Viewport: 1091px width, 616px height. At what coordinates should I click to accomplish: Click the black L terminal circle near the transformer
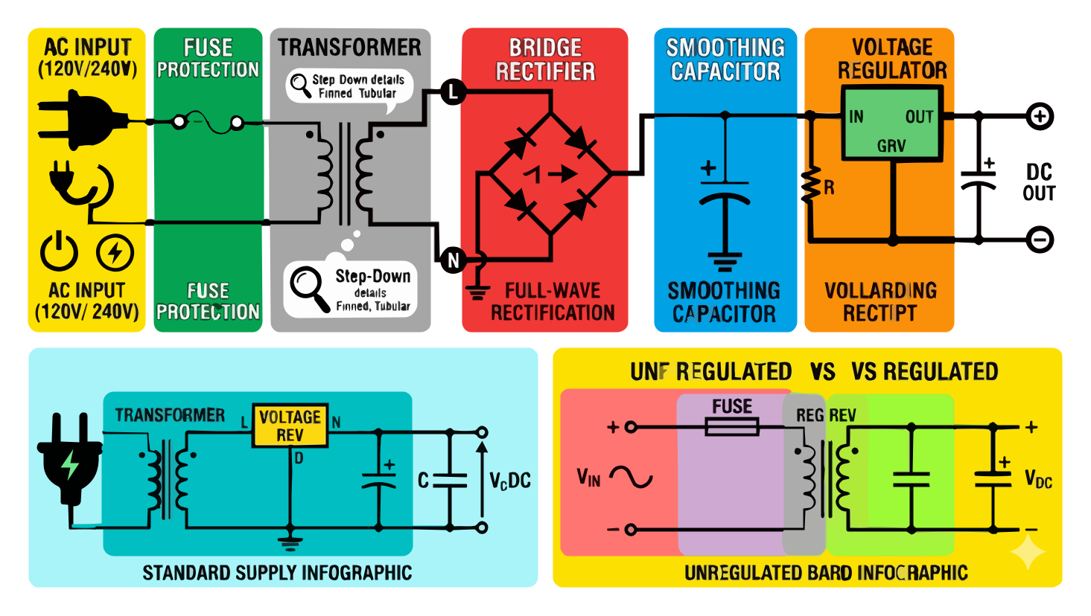coord(452,93)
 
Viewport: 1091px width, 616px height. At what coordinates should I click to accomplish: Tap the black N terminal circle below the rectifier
coord(453,260)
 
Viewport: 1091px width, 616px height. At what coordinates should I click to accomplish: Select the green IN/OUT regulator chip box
coord(892,123)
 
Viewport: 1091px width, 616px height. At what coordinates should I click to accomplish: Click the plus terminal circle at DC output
coord(1040,116)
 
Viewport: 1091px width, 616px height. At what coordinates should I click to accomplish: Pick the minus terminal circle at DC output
coord(1040,240)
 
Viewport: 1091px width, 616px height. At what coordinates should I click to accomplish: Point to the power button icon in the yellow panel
coord(59,251)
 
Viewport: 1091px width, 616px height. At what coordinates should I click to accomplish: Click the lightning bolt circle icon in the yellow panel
coord(115,252)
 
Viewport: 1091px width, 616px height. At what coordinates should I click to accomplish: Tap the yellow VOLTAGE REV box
coord(290,426)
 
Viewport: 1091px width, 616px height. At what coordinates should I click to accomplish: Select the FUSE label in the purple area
coord(732,406)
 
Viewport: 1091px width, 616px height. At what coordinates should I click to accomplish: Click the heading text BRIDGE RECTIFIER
coord(545,60)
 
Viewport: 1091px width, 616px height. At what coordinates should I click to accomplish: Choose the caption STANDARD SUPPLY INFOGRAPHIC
coord(277,573)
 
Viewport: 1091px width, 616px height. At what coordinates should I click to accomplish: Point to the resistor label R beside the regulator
coord(829,188)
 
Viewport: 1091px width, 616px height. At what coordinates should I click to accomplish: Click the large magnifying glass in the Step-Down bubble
coord(309,286)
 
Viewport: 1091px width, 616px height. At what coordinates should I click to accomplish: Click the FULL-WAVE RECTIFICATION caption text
coord(553,301)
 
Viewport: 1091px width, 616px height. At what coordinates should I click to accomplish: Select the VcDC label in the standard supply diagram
coord(510,481)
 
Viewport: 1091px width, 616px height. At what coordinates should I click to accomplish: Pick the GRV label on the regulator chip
coord(891,146)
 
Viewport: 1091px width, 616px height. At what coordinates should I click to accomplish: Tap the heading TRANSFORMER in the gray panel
coord(349,48)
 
